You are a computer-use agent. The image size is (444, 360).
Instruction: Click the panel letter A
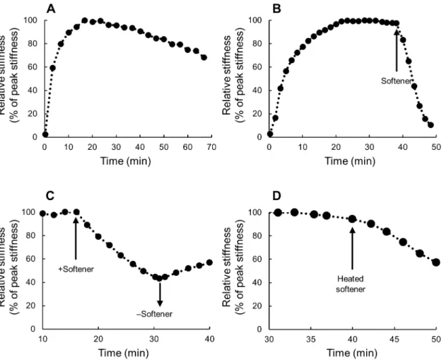(51, 9)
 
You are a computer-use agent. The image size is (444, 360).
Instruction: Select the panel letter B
(276, 9)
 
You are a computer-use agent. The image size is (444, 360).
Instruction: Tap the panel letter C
(49, 196)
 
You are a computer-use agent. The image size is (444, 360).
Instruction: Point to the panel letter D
(276, 196)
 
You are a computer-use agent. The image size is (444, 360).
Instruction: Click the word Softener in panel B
(396, 81)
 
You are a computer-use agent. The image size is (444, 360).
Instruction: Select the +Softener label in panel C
(76, 269)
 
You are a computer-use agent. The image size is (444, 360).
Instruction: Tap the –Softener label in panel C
(154, 314)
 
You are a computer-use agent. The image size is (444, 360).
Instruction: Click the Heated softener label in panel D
(351, 284)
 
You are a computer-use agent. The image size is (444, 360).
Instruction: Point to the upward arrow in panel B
(397, 50)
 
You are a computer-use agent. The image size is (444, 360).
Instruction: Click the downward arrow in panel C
(160, 294)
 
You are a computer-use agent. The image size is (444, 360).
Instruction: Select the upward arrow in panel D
(353, 248)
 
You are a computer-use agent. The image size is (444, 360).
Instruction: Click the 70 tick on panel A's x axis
(211, 147)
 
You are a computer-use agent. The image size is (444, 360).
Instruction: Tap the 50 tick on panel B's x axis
(436, 147)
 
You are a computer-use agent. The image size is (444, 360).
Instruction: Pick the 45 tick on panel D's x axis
(395, 339)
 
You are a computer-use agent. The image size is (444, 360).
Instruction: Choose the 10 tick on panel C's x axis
(42, 339)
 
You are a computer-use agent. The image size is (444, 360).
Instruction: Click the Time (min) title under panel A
(125, 161)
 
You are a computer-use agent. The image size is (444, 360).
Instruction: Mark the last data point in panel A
(204, 57)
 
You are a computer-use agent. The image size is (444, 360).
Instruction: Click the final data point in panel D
(436, 262)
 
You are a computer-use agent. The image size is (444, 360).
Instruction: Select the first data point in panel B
(270, 134)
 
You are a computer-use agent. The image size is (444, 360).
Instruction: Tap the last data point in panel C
(209, 262)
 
